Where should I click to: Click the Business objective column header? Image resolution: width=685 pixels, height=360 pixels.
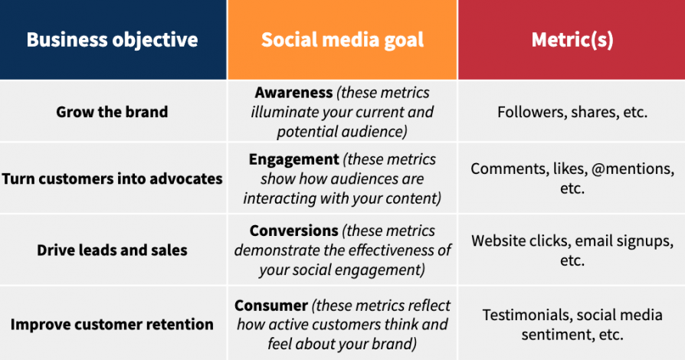[112, 40]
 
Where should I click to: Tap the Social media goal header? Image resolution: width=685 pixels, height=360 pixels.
[342, 40]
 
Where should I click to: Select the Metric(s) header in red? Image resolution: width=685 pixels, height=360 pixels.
[572, 40]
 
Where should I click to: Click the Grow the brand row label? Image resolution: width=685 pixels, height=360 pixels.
[112, 112]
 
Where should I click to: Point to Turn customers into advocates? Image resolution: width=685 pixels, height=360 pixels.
[112, 178]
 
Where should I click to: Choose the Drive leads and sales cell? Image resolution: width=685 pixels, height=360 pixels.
[112, 250]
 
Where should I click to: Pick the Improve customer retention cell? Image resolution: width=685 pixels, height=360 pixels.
[112, 324]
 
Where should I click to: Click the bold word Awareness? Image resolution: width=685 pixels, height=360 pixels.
[293, 93]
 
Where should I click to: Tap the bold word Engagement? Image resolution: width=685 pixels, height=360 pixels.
[293, 160]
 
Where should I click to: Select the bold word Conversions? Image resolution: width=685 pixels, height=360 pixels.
[295, 231]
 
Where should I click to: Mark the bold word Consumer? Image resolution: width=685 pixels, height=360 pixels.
[271, 306]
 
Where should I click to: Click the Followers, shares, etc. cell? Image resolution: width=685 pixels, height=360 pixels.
[572, 112]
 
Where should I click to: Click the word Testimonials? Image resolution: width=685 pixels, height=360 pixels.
[527, 315]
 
